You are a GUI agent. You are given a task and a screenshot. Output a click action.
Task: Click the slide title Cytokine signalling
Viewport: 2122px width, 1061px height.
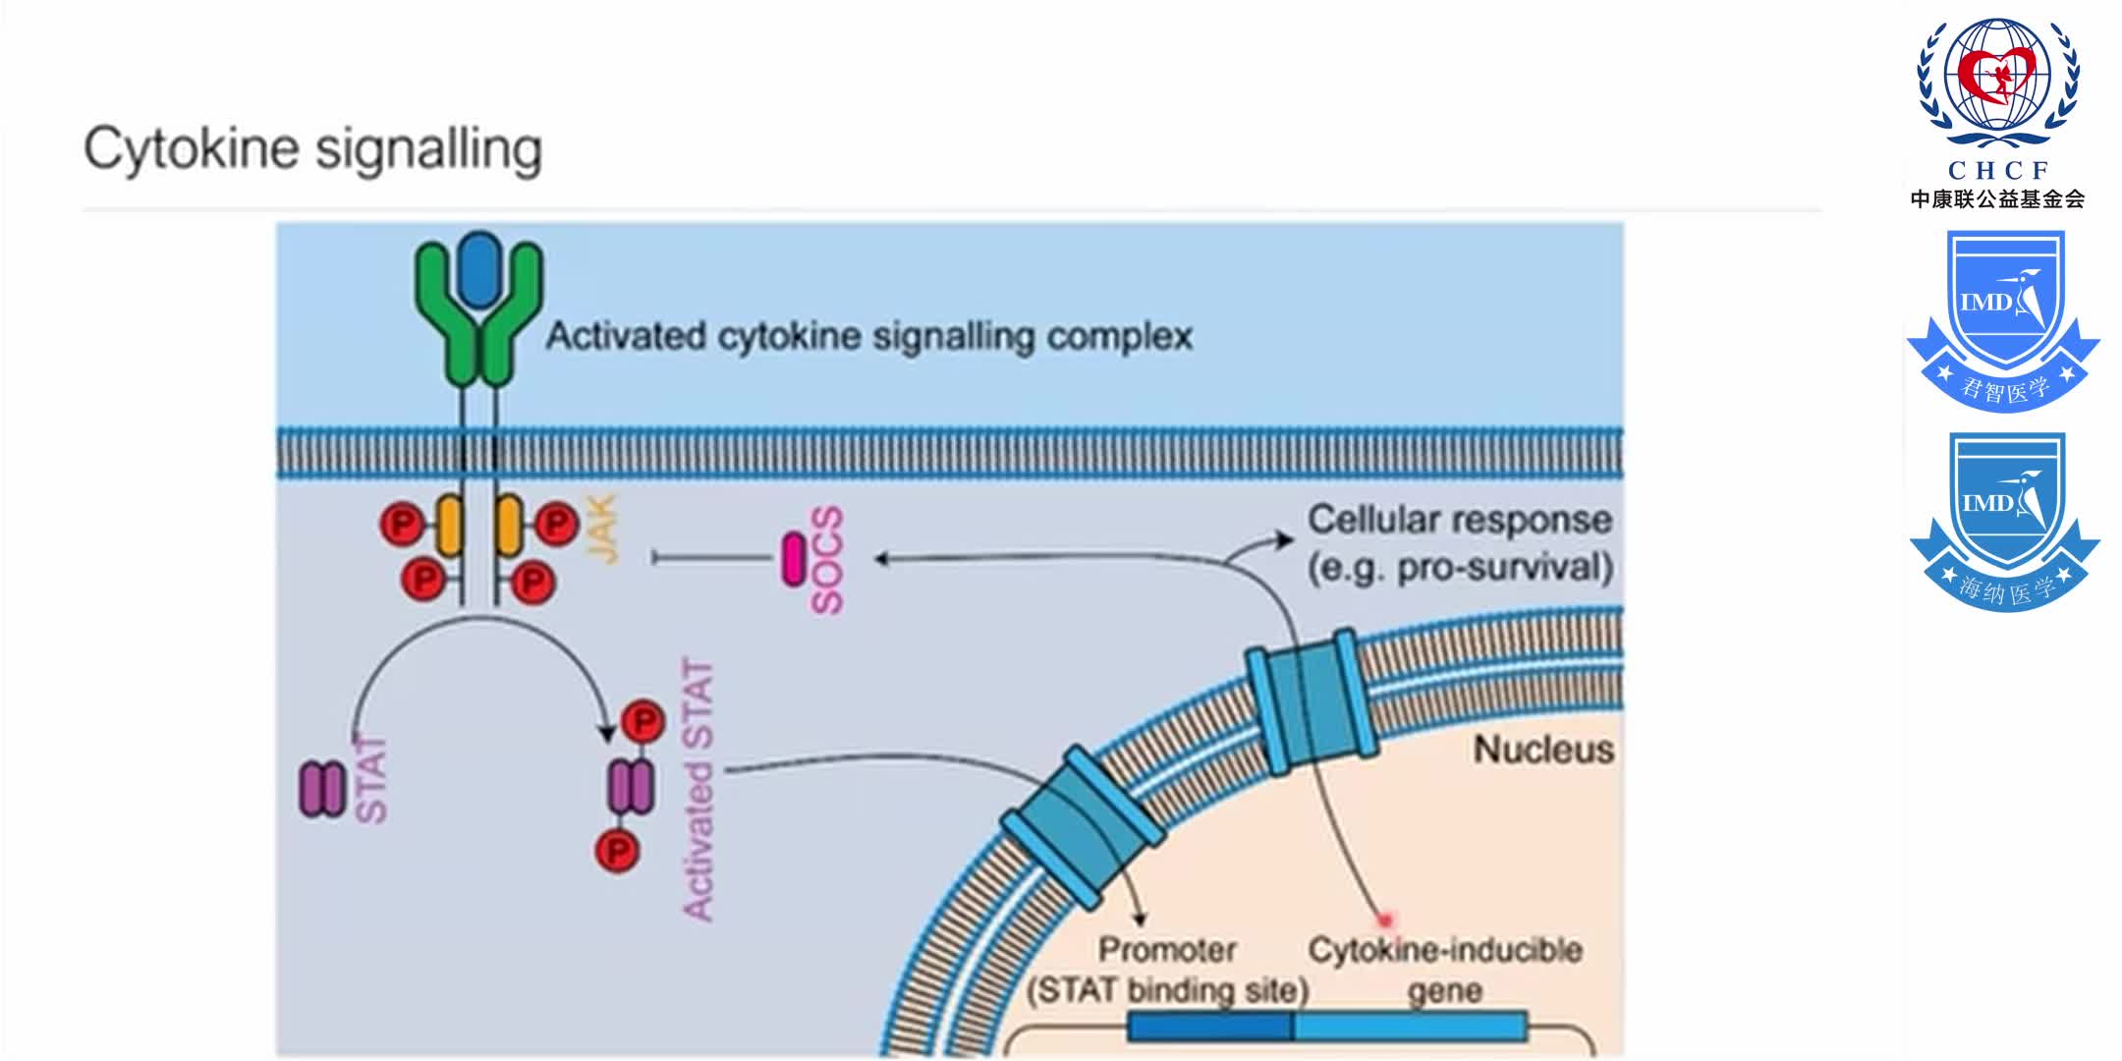tap(312, 149)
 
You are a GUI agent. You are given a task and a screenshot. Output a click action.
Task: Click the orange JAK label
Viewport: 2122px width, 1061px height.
tap(603, 529)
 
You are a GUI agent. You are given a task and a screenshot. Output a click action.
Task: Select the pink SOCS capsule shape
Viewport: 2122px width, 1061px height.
tap(793, 559)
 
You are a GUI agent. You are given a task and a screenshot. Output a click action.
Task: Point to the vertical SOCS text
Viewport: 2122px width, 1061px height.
tap(827, 560)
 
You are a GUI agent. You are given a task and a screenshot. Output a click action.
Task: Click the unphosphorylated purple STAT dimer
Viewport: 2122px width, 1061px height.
tap(321, 789)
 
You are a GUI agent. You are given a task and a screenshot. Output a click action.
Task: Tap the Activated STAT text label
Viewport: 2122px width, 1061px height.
tap(698, 790)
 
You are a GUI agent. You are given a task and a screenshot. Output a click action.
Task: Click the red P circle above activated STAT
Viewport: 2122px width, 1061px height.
tap(643, 723)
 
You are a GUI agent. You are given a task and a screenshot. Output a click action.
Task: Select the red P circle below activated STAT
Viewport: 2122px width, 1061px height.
tap(618, 850)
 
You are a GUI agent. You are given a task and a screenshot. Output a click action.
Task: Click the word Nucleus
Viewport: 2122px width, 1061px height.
tap(1542, 750)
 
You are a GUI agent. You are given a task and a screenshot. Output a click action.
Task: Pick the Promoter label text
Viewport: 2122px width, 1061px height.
tap(1167, 950)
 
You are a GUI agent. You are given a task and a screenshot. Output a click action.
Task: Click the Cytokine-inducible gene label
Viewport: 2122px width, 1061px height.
tap(1444, 969)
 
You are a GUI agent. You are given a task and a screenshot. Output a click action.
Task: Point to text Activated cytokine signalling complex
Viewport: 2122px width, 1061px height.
tap(868, 336)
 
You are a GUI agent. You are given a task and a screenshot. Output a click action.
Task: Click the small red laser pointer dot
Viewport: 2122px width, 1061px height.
tap(1385, 921)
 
